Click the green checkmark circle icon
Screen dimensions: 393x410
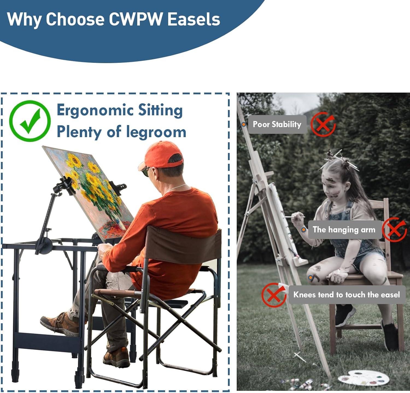[x=30, y=121]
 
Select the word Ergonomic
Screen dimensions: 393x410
[x=95, y=111]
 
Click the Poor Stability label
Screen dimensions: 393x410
[x=277, y=125]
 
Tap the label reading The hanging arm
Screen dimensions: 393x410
[x=344, y=230]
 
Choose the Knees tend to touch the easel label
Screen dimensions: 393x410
[x=346, y=295]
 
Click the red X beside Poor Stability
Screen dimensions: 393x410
[x=323, y=124]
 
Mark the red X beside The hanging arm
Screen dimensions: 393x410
[x=394, y=230]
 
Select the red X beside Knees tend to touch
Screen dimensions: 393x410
[x=274, y=295]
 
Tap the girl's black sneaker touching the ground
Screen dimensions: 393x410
[x=391, y=336]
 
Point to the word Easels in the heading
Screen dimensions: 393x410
[x=194, y=20]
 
